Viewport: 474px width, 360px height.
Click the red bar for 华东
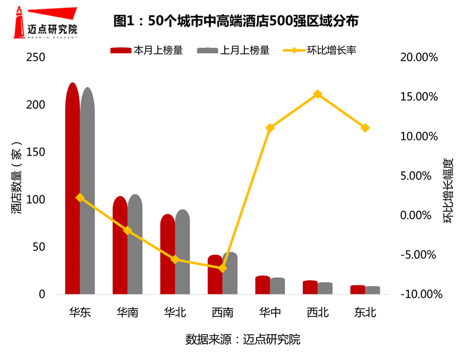tap(72, 189)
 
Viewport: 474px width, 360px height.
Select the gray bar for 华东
tap(88, 192)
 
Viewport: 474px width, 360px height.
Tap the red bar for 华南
tap(120, 246)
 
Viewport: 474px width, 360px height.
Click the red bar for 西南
tap(214, 275)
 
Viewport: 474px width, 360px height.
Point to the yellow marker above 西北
tap(318, 94)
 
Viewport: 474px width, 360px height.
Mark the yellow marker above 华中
tap(270, 128)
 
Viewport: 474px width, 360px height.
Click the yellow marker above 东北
tap(365, 128)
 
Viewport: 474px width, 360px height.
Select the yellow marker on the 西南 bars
tap(222, 268)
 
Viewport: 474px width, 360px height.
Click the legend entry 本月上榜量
tap(146, 51)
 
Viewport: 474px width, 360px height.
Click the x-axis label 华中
tap(270, 312)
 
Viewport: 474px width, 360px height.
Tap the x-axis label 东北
tap(365, 312)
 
